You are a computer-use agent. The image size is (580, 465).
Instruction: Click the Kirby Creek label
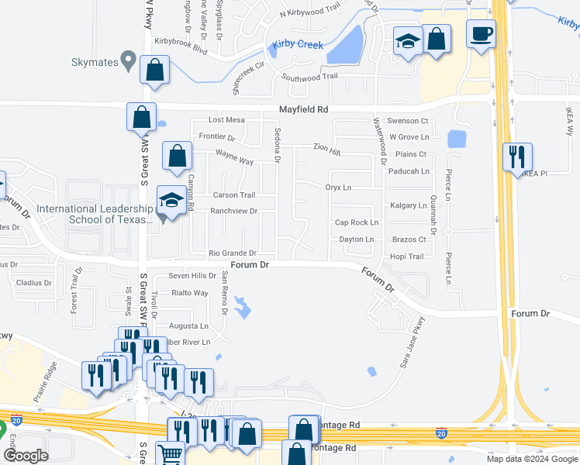point(297,45)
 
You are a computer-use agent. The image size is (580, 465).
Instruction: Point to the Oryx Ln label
point(338,188)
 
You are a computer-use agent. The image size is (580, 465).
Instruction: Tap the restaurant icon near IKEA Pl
point(516,157)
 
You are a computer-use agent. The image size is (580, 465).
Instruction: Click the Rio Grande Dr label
point(233,253)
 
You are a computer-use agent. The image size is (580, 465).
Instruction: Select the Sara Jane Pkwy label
point(412,342)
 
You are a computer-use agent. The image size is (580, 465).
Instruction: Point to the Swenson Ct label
point(408,121)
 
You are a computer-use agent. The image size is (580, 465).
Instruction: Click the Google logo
point(26,456)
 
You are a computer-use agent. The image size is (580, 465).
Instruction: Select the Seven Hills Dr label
point(193,276)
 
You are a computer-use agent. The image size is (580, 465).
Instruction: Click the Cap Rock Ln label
point(356,222)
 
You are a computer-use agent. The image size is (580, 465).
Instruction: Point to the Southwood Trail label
point(309,77)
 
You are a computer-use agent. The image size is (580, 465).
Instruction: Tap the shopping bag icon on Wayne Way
point(178,155)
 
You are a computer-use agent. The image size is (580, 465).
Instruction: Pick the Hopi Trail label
point(406,257)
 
